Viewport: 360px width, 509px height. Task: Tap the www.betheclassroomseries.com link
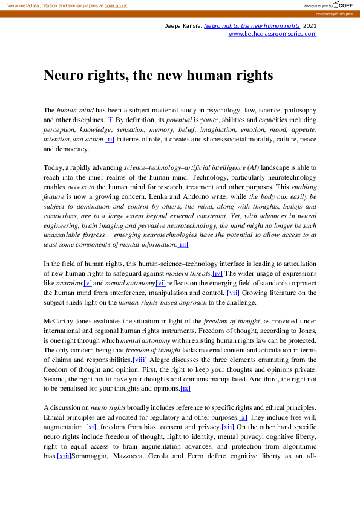272,34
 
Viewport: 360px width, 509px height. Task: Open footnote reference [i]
110,120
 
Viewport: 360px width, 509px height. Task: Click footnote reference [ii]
110,139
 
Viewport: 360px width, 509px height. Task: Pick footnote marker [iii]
182,244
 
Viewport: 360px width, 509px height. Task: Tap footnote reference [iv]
217,273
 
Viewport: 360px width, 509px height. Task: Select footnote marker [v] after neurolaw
88,282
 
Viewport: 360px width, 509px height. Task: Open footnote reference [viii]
140,359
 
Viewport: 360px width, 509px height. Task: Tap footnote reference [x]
243,417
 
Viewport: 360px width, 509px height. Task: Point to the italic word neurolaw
70,282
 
